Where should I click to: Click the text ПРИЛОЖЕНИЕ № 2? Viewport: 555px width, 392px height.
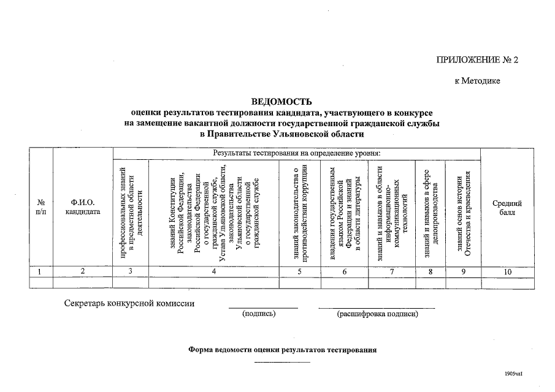coord(477,60)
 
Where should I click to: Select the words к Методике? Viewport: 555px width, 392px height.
coord(477,80)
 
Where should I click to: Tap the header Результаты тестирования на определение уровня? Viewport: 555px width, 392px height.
coord(297,153)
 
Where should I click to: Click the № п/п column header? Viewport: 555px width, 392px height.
coord(41,208)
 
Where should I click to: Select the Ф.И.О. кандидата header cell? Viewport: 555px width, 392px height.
coord(83,208)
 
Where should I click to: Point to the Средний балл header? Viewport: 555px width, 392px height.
coord(508,208)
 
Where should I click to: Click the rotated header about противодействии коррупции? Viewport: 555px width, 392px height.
coord(299,213)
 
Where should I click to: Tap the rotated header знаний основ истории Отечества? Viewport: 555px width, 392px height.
coord(463,213)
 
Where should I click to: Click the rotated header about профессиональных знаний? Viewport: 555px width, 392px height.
coord(130,213)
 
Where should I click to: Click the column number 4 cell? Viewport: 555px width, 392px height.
coord(213,271)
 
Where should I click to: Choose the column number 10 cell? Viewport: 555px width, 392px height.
coord(508,271)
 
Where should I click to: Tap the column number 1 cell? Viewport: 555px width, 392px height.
coord(41,271)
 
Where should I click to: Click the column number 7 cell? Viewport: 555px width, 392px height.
coord(391,271)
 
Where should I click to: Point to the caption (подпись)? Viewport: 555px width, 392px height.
coord(259,314)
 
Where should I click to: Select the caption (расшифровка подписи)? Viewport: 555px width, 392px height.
coord(377,314)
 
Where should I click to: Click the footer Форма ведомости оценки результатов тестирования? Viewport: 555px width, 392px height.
coord(282,350)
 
